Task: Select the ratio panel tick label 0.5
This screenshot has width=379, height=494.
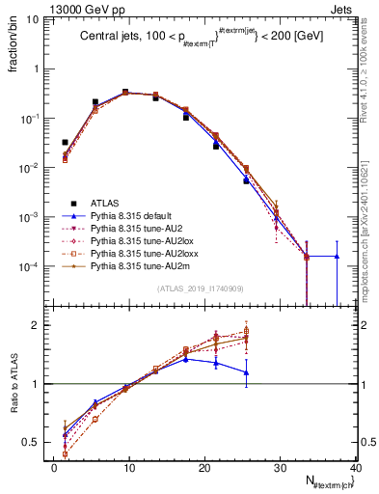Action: pyautogui.click(x=35, y=442)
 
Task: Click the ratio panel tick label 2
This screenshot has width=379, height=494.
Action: pyautogui.click(x=41, y=325)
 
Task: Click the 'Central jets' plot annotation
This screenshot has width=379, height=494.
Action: pyautogui.click(x=203, y=36)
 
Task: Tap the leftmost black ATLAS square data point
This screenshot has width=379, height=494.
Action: pyautogui.click(x=65, y=142)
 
